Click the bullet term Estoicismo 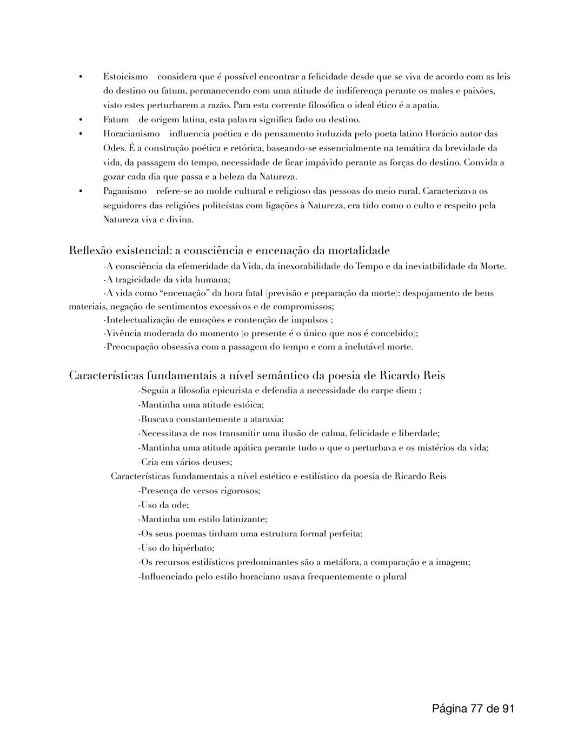click(x=125, y=77)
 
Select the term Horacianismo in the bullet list click(x=131, y=134)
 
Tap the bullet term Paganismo click(x=125, y=191)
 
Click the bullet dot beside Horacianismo click(x=80, y=134)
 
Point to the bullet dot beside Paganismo click(x=80, y=191)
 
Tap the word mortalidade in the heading click(x=358, y=251)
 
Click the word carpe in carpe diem click(x=382, y=391)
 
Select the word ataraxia click(x=265, y=419)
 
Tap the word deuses click(x=217, y=463)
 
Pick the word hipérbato click(x=193, y=548)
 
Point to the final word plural click(x=394, y=577)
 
